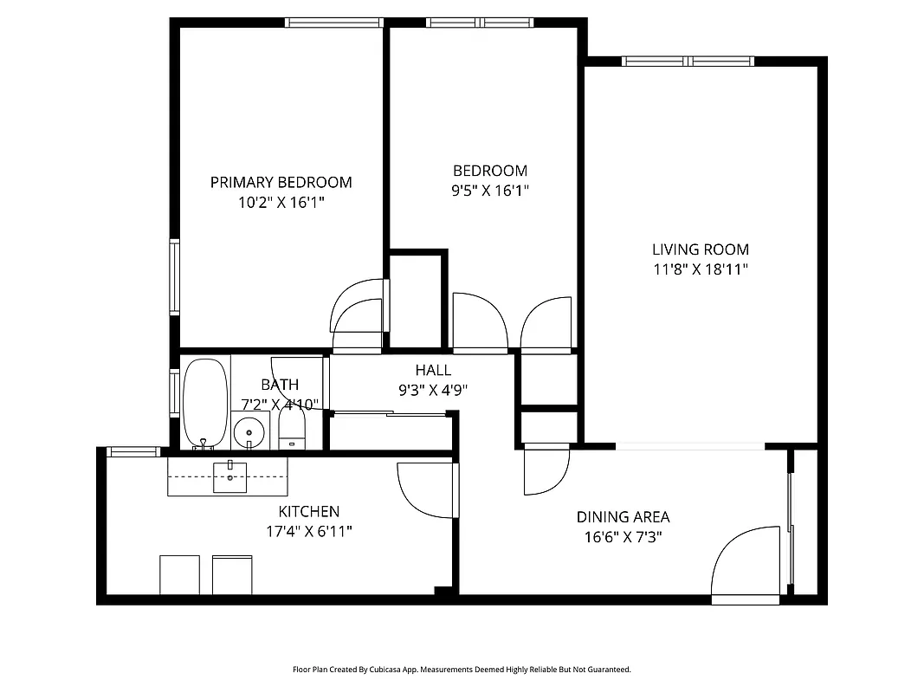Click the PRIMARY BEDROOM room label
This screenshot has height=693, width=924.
[x=281, y=182]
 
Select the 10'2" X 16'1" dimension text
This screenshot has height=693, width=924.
[x=281, y=203]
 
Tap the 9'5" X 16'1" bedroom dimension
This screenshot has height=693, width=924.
[x=489, y=191]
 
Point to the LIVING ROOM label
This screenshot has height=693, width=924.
[x=700, y=249]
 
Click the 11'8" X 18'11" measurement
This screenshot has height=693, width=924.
[x=700, y=269]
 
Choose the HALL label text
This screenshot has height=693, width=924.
[x=433, y=370]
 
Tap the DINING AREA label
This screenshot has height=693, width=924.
[x=623, y=517]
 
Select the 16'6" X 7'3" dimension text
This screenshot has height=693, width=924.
[x=623, y=537]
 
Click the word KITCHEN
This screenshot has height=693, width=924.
[x=308, y=512]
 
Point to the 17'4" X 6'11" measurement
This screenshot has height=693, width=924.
[x=308, y=531]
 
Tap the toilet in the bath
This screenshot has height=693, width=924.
[x=292, y=428]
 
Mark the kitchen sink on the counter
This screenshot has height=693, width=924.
[x=229, y=477]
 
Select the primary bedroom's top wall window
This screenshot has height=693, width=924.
[x=333, y=23]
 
